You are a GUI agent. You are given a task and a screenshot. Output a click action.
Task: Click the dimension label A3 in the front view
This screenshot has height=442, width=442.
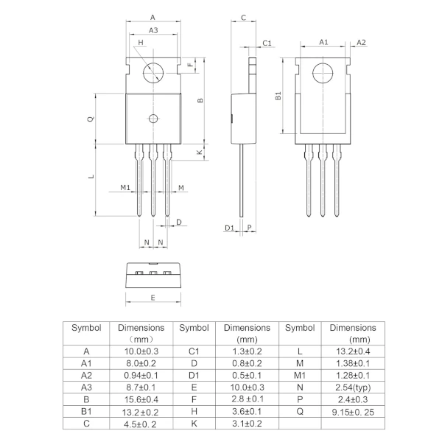pos(152,30)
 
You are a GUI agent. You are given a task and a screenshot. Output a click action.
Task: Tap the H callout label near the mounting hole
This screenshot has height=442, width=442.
pos(140,43)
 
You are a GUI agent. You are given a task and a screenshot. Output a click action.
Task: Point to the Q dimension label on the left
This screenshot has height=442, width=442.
pos(91,118)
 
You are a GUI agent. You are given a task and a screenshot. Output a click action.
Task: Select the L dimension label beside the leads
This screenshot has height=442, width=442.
pos(91,177)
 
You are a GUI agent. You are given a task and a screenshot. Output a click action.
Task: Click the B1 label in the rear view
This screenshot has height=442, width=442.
pos(278,96)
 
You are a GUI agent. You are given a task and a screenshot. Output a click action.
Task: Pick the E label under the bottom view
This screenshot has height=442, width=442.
pos(152,298)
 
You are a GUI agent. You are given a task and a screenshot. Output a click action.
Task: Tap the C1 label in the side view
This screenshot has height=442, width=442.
pos(267,43)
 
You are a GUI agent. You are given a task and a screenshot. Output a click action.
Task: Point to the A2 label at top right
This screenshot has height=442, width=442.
pos(361,43)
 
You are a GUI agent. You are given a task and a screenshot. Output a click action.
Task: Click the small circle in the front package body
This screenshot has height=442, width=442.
pos(153,119)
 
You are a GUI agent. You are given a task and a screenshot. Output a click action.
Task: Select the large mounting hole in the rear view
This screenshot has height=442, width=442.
pos(323,74)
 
